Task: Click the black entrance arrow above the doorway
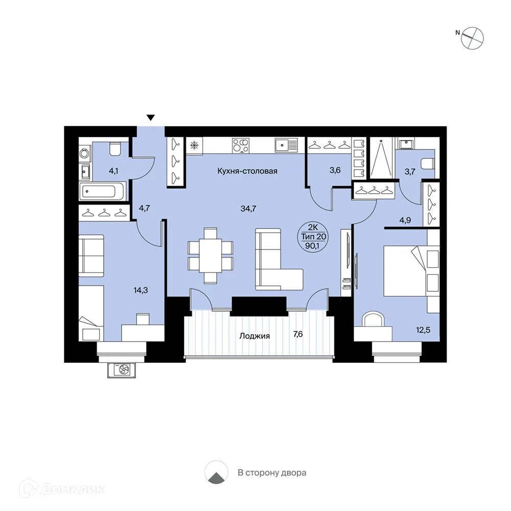(x=151, y=118)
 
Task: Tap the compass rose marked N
(x=472, y=38)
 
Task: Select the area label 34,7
(x=248, y=208)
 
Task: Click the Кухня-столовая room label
(x=247, y=171)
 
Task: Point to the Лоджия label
(x=254, y=336)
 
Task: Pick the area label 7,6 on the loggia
(x=298, y=334)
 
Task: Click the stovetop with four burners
(x=241, y=145)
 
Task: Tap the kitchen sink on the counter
(x=286, y=145)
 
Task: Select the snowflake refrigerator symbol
(x=194, y=145)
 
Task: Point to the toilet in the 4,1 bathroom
(x=115, y=149)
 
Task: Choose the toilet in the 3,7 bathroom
(x=428, y=164)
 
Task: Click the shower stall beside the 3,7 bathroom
(x=381, y=158)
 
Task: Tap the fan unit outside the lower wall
(x=122, y=370)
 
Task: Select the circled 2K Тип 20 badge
(x=314, y=237)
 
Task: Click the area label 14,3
(x=141, y=290)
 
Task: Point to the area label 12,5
(x=423, y=330)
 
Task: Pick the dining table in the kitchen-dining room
(x=210, y=255)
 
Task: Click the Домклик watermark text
(x=73, y=489)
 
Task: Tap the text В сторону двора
(x=272, y=473)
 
